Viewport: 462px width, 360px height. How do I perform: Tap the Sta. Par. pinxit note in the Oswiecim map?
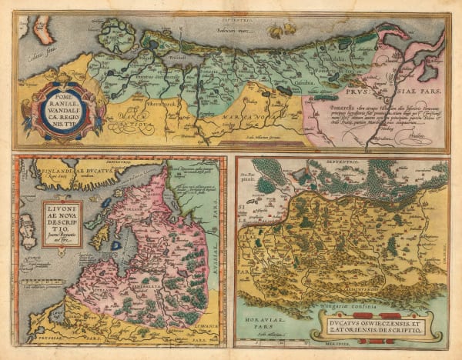pos(252,178)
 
